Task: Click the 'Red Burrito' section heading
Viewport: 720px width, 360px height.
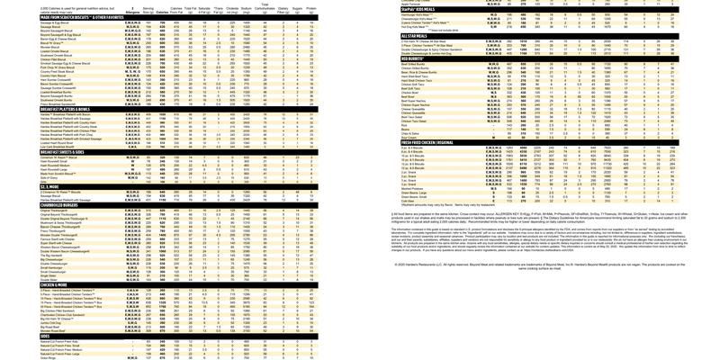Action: [414, 58]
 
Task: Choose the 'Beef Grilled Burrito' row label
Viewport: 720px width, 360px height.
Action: [419, 63]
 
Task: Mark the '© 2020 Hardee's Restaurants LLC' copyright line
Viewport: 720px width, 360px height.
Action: [558, 264]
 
